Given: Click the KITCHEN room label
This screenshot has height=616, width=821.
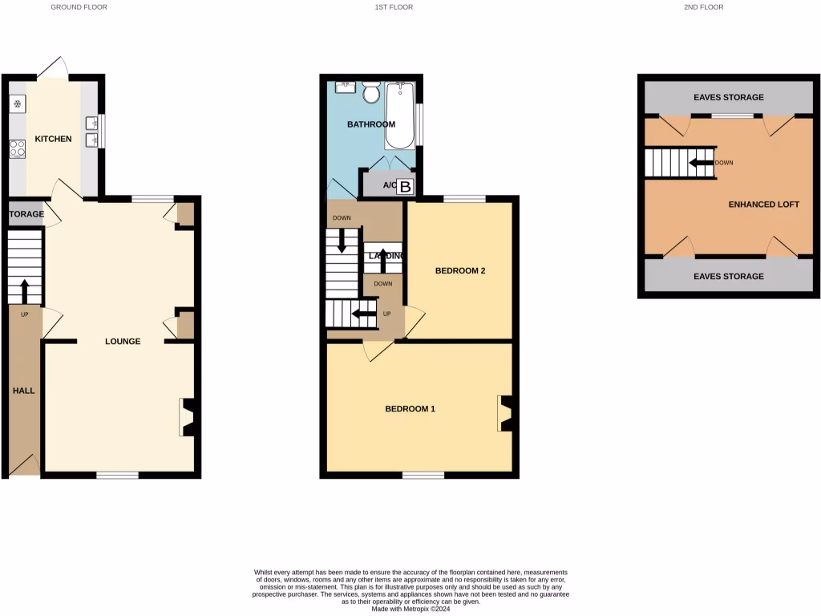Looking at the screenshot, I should coord(53,139).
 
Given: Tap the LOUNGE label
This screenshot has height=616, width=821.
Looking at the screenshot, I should coord(123,341).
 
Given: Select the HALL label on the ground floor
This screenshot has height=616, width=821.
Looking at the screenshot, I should coord(23,391).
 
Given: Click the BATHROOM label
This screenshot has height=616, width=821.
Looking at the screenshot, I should coord(371,124).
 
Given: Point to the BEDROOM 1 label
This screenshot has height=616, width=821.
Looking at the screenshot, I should coord(410,408).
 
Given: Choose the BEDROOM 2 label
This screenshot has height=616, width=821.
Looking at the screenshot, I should coord(460,270).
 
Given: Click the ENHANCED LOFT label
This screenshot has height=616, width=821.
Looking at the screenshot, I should coord(763,205).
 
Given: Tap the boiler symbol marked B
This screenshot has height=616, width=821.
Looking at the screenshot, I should coord(406,188).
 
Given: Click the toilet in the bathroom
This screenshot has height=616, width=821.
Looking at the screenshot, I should coord(371,93).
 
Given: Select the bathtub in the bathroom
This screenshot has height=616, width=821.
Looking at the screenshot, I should coord(399,116).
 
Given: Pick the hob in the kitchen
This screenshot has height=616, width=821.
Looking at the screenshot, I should coord(18,148).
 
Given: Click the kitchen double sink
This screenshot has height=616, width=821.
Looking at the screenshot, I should coord(91,132).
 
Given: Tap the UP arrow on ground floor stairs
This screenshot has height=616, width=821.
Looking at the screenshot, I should coord(24,289).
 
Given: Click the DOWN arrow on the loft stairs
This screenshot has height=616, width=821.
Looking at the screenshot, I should coord(702,163).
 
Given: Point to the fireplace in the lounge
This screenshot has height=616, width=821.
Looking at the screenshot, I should coord(186,417).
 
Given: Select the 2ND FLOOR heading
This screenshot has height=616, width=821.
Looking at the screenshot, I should coord(703,7).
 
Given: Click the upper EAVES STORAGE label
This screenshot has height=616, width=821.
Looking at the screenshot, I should coord(729,97).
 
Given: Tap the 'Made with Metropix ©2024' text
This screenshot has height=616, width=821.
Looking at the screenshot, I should coord(410,609).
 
